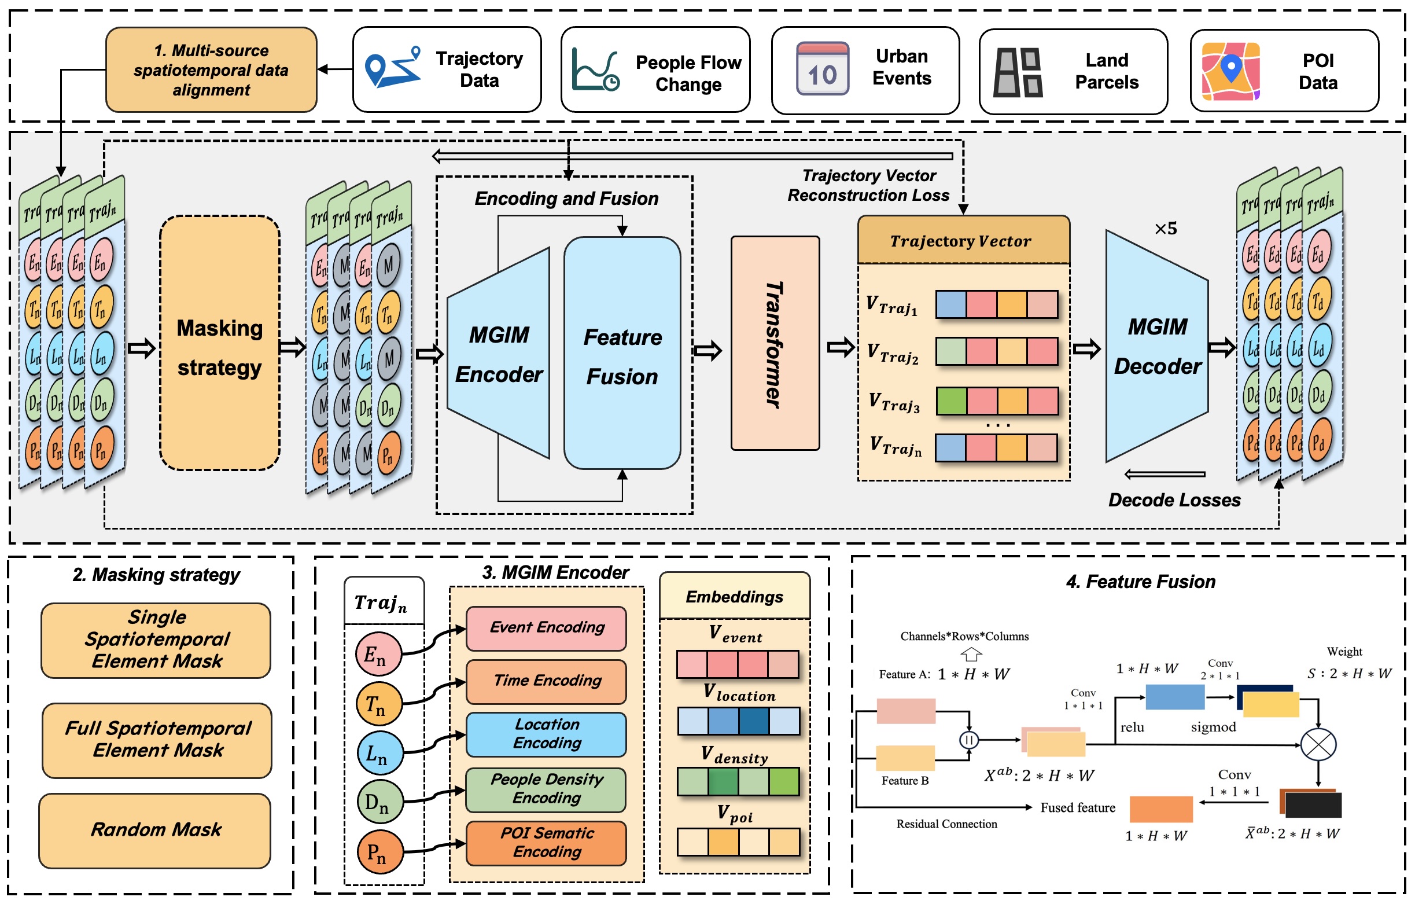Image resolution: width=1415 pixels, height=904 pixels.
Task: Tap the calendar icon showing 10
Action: [x=822, y=69]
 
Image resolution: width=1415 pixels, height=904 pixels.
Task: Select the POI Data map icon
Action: [x=1230, y=71]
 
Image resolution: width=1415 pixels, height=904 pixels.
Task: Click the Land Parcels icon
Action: [x=1018, y=72]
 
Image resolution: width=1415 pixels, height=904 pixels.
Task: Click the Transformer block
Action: [x=775, y=343]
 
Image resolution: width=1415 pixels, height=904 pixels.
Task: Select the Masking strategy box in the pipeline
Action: [x=219, y=343]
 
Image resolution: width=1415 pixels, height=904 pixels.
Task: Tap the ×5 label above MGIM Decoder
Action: [x=1165, y=229]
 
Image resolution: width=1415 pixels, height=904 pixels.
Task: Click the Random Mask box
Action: [x=155, y=830]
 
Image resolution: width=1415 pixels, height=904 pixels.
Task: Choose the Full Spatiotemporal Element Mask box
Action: [x=157, y=740]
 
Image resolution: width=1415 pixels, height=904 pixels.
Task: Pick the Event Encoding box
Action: [x=546, y=628]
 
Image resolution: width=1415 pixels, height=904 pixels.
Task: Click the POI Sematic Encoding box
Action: [x=546, y=843]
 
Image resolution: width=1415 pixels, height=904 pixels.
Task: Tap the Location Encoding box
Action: [x=546, y=734]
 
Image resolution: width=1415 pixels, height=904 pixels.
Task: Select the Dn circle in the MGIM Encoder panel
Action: [x=380, y=802]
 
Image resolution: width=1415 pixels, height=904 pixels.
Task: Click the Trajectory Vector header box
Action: [x=963, y=240]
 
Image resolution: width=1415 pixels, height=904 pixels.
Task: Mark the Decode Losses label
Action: [x=1174, y=500]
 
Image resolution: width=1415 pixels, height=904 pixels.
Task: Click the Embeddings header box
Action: [x=734, y=597]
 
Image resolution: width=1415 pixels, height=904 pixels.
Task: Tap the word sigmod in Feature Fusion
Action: [x=1213, y=727]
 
